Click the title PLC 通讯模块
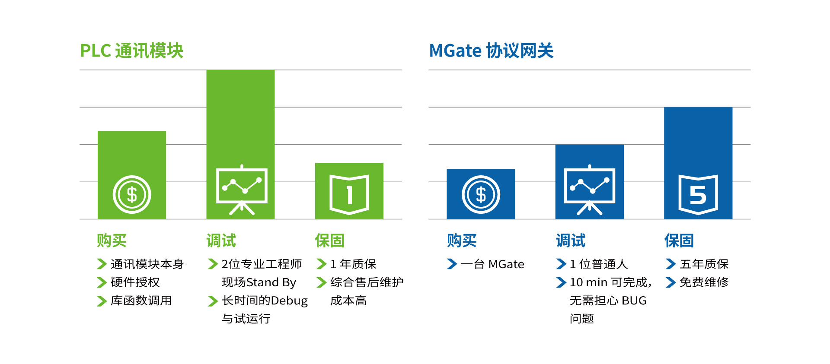click(132, 51)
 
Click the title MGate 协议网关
click(491, 51)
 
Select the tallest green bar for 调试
click(240, 144)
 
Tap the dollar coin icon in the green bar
click(132, 194)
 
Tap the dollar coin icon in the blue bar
click(481, 194)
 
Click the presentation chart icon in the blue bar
click(590, 190)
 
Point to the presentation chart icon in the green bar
click(242, 190)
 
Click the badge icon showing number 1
click(349, 195)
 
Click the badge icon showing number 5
click(698, 195)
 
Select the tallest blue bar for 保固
click(698, 163)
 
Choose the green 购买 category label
click(112, 241)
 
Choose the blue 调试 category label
click(571, 241)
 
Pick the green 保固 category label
click(329, 241)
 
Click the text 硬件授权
click(135, 282)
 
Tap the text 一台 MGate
click(492, 264)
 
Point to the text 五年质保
click(704, 264)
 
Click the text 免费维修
click(704, 282)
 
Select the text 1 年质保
click(353, 264)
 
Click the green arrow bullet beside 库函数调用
click(102, 301)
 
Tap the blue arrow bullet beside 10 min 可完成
click(561, 282)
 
